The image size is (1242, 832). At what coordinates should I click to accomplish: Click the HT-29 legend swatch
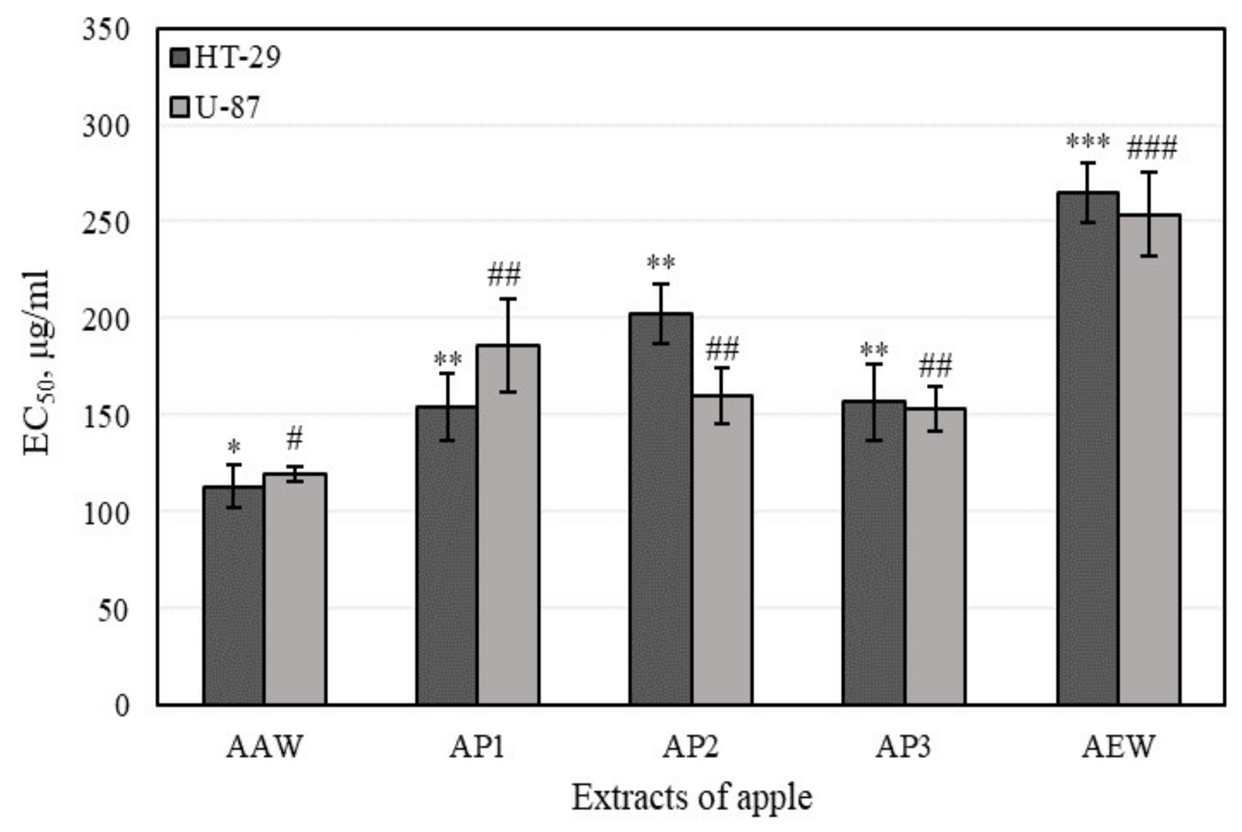click(179, 57)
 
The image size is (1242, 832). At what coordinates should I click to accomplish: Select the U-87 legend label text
click(227, 107)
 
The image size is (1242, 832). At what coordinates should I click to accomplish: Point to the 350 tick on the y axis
click(106, 30)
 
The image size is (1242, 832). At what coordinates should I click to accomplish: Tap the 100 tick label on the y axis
click(106, 513)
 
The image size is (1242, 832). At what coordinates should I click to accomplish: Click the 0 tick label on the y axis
click(122, 705)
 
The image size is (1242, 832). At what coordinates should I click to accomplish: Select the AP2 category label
click(691, 747)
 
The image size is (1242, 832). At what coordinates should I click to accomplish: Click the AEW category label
click(1118, 747)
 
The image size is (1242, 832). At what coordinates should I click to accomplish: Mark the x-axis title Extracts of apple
click(692, 798)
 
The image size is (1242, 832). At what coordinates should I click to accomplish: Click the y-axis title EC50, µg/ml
click(37, 363)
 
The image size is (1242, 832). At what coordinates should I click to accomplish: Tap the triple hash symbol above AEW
click(1151, 148)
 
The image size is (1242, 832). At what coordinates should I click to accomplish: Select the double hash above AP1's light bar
click(504, 274)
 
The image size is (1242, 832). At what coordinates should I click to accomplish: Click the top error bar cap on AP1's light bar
click(508, 299)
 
